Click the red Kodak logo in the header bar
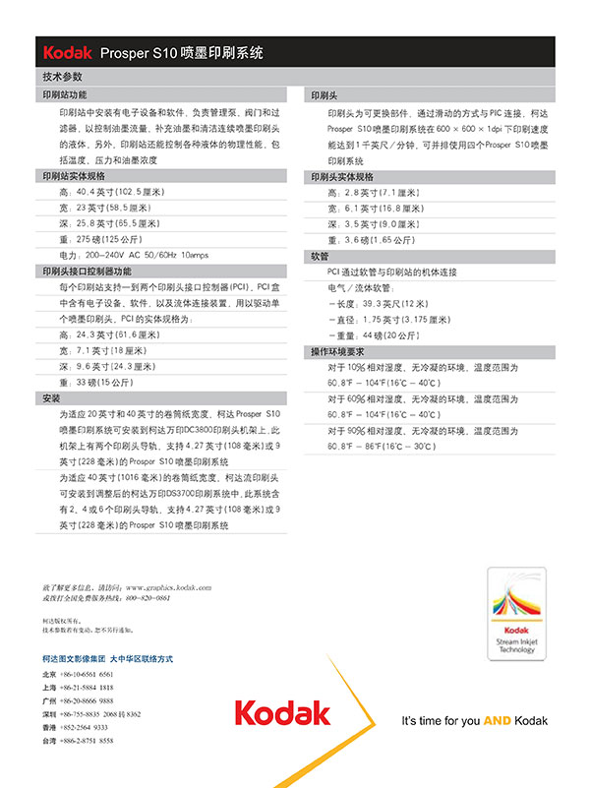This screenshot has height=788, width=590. pyautogui.click(x=68, y=53)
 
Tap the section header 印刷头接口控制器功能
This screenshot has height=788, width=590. pyautogui.click(x=87, y=271)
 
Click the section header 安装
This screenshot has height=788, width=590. pyautogui.click(x=51, y=398)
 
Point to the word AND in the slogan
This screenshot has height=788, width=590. pyautogui.click(x=497, y=721)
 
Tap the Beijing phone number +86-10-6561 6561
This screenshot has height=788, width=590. pyautogui.click(x=87, y=674)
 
